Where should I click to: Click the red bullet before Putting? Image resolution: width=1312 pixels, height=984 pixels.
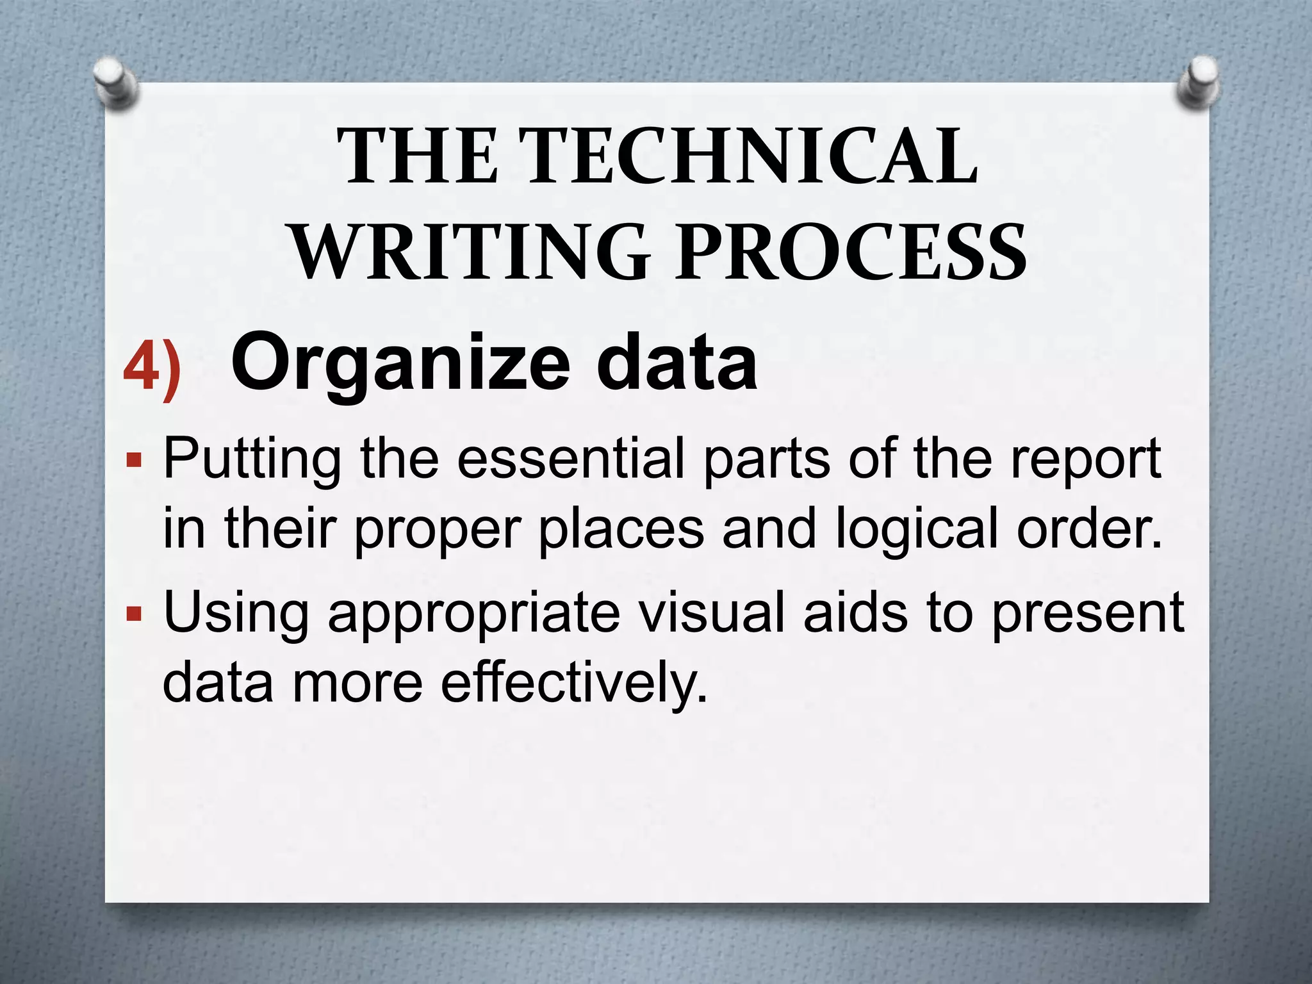(133, 460)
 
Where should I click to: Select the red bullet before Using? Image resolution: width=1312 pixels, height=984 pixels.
(133, 614)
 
